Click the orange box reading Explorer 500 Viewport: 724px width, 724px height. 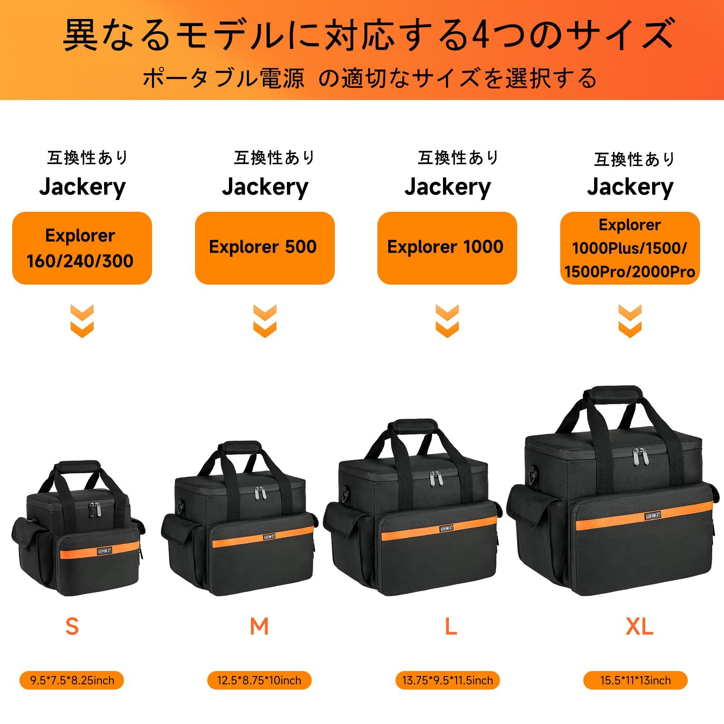[265, 248]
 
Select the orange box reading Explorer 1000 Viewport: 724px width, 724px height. [447, 248]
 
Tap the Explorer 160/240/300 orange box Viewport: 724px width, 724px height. [82, 248]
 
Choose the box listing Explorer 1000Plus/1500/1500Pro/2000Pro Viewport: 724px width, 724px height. [630, 248]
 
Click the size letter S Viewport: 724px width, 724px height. [72, 627]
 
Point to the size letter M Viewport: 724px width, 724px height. [259, 627]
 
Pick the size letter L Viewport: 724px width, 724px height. [451, 627]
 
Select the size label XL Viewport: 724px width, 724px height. [639, 627]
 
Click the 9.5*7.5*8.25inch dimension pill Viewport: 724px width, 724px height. [72, 680]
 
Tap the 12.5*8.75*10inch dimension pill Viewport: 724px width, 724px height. [259, 680]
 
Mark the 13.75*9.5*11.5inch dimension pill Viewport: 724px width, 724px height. [448, 680]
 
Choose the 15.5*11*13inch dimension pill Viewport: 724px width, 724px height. [635, 680]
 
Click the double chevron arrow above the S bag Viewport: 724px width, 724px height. [82, 321]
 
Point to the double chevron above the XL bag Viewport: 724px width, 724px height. [630, 321]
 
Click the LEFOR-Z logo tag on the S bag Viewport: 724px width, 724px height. [105, 551]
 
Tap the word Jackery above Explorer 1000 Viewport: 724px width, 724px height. [447, 187]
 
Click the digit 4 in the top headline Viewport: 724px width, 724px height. [480, 34]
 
